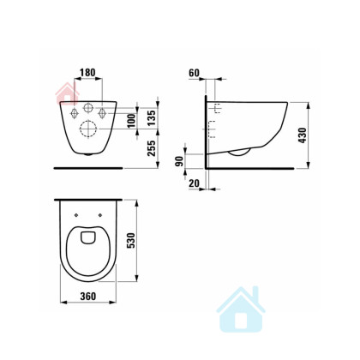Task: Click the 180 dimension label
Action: point(87,73)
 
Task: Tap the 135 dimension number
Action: point(152,117)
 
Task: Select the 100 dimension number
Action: point(131,121)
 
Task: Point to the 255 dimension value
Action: point(152,148)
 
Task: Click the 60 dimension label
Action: point(194,73)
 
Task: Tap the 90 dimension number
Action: point(179,161)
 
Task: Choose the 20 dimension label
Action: point(194,183)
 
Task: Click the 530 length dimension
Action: point(130,240)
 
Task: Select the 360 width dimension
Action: point(88,297)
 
